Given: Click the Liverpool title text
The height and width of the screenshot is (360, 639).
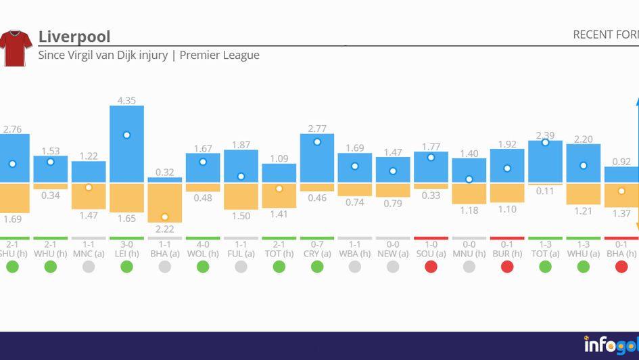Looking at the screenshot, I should coord(74,36).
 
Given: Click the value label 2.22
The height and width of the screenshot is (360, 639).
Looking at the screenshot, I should coord(164,229).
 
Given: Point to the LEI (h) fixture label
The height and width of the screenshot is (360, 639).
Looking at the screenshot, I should coord(126,254).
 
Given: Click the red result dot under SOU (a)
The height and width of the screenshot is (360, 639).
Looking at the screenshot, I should coord(431,267).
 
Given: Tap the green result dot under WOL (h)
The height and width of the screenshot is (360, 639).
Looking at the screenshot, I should coord(203,267).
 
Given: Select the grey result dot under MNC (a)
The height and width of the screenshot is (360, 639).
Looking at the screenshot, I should coord(89,267).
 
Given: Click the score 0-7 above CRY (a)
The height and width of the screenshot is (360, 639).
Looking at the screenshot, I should coord(316,244).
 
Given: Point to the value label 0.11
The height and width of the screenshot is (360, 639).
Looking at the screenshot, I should coord(544,192).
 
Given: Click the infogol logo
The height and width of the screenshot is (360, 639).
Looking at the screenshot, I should coord(611,345).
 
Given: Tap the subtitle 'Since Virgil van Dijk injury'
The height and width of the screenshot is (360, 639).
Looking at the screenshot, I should coord(103,55).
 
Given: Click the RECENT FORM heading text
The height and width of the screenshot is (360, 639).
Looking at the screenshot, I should coord(605,35).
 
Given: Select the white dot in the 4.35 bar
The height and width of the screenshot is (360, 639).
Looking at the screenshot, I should coord(126,135).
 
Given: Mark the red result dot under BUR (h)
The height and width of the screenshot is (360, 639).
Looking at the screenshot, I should coord(506,267).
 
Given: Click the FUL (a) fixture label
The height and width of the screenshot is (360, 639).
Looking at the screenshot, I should coord(241,254).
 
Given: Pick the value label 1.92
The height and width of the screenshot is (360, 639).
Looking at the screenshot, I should coord(506,144).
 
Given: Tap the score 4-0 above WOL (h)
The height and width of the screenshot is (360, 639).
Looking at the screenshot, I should coord(203,244).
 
